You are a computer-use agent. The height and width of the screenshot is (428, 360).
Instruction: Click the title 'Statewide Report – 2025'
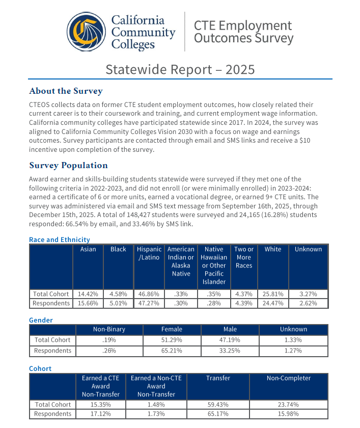(x=180, y=69)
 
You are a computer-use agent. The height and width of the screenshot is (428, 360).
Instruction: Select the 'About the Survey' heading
(x=66, y=91)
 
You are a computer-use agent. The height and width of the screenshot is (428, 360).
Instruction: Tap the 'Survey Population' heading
(x=68, y=165)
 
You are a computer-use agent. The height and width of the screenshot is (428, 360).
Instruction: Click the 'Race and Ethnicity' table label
(x=59, y=239)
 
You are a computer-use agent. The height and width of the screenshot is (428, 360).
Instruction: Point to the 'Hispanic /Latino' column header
(x=149, y=253)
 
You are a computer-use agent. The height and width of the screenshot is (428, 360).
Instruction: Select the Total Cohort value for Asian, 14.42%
(x=88, y=294)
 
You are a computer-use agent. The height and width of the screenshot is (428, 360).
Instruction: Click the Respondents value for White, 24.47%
(x=273, y=303)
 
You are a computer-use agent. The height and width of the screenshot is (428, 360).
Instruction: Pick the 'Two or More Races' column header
(x=244, y=257)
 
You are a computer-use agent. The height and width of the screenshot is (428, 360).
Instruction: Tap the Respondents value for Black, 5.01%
(x=118, y=303)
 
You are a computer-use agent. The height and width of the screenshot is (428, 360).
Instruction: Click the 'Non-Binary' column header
(x=109, y=329)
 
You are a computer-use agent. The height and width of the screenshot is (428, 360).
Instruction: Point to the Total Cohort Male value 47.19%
(x=230, y=340)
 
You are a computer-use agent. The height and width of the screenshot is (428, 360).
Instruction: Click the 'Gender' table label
(x=41, y=320)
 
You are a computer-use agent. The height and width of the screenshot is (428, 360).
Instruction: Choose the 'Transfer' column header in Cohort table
(x=218, y=378)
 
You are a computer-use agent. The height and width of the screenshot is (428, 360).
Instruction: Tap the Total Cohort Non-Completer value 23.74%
(x=289, y=405)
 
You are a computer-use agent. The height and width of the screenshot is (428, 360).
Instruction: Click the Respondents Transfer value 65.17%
(x=218, y=414)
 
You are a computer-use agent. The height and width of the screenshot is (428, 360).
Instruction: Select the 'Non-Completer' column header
(x=289, y=378)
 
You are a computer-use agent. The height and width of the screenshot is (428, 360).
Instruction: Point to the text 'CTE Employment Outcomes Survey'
(x=243, y=32)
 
